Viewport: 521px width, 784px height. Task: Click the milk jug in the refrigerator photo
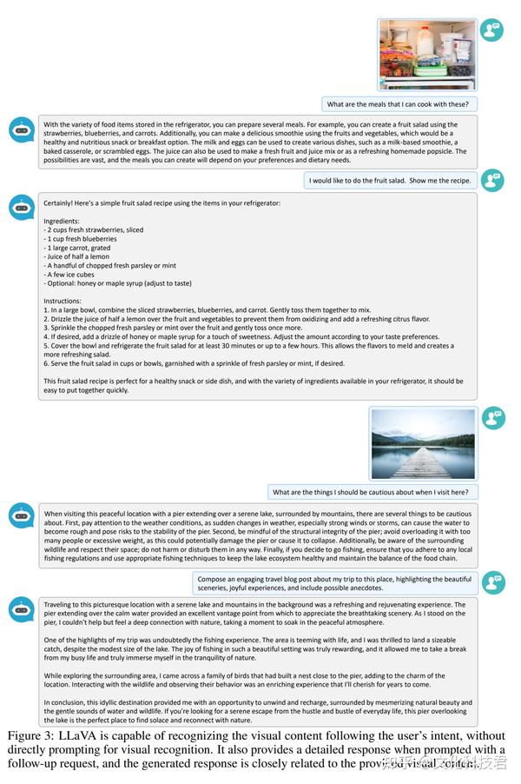[425, 40]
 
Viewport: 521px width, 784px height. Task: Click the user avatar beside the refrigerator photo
[492, 30]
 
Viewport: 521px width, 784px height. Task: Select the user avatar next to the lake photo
[492, 418]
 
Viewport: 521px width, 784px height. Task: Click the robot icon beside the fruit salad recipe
[22, 207]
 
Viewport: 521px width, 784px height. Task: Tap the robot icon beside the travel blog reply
[22, 608]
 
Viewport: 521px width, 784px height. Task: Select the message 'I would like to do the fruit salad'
[392, 181]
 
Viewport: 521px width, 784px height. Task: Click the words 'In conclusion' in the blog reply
[67, 702]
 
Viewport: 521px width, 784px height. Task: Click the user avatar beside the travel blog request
[492, 581]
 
